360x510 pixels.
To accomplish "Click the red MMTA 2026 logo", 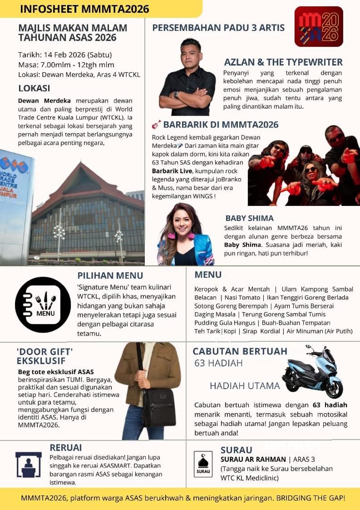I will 318,26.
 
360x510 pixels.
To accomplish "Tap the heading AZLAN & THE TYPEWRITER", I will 283,62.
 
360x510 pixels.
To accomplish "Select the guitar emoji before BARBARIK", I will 156,125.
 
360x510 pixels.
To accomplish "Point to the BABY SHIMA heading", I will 249,218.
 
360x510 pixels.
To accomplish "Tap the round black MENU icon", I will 43,305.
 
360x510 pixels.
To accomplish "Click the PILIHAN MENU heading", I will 110,276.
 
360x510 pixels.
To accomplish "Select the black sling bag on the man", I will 159,406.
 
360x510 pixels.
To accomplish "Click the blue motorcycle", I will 312,373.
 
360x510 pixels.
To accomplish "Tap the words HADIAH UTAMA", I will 245,386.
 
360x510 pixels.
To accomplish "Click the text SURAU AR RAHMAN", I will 253,459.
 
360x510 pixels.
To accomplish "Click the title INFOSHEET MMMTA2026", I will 84,8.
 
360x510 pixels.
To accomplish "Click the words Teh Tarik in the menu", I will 206,331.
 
